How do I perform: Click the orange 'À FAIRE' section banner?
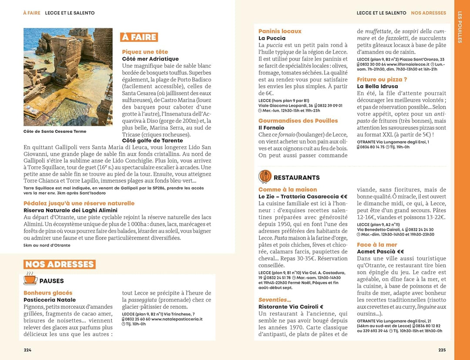tap(139, 37)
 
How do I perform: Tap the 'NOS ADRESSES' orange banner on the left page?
tap(59, 264)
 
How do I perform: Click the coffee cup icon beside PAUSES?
tap(30, 279)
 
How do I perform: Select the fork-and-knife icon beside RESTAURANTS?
tap(265, 177)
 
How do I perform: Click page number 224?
tap(27, 350)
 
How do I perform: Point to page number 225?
tap(442, 350)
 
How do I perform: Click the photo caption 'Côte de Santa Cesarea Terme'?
tap(55, 131)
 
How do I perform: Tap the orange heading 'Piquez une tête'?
tap(145, 52)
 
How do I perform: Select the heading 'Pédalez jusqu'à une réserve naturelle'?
tap(79, 203)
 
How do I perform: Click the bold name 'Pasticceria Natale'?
tap(50, 300)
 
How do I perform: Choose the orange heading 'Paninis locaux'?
tap(280, 31)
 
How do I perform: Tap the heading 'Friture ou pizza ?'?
tap(382, 80)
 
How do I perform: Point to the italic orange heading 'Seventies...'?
tap(275, 300)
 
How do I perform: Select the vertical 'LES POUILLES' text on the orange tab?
tap(460, 27)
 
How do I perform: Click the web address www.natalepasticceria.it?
tap(177, 319)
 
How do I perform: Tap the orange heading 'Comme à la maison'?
tap(288, 190)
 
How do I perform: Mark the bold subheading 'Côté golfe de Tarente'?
tap(152, 141)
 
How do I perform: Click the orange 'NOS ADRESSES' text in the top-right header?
tap(428, 13)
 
